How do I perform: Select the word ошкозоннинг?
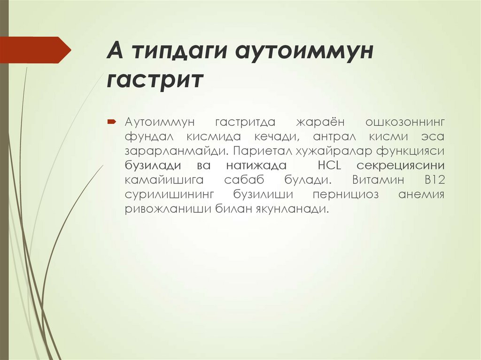(404, 122)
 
